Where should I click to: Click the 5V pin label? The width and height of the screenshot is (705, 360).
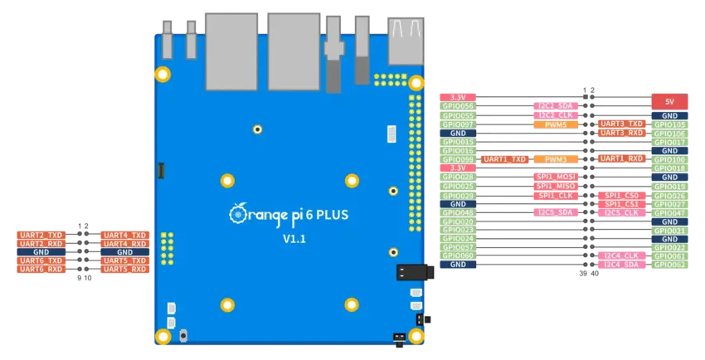pos(669,100)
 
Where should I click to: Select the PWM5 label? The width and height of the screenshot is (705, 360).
pos(550,124)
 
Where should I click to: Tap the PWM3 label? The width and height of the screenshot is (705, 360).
pos(550,158)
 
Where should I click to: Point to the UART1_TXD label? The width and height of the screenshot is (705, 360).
pos(504,158)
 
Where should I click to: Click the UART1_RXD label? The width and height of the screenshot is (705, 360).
pos(621,158)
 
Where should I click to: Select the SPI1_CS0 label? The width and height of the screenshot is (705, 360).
pos(621,195)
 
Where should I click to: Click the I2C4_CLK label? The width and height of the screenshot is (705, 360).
pos(621,255)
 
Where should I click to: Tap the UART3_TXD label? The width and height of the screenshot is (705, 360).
pos(621,124)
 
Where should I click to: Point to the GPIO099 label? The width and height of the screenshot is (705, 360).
pos(459,159)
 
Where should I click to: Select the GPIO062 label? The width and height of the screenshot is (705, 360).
pos(669,265)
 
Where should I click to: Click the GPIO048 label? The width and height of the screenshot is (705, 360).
pos(459,212)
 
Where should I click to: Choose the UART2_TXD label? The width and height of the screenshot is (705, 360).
pos(41,236)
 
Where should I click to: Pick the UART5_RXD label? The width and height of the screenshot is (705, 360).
pos(124,269)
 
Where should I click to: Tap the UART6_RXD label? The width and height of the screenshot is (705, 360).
pos(41,269)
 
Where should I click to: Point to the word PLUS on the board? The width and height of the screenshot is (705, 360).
pos(330,214)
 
